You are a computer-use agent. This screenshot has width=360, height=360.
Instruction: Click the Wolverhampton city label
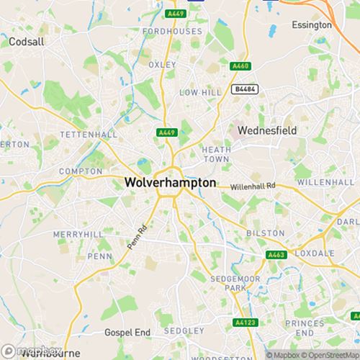(170, 183)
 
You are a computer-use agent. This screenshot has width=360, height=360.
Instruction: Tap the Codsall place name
(27, 42)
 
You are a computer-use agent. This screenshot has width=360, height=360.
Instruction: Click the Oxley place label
(162, 64)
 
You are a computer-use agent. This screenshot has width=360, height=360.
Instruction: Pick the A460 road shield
(240, 66)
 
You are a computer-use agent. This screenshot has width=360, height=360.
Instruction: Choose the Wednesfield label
(266, 130)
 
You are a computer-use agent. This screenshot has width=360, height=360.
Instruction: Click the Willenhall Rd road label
(253, 186)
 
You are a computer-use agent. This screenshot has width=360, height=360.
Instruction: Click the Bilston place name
(260, 233)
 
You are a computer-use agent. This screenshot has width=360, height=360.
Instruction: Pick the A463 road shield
(275, 255)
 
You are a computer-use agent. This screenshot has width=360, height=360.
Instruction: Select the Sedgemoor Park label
(229, 282)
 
